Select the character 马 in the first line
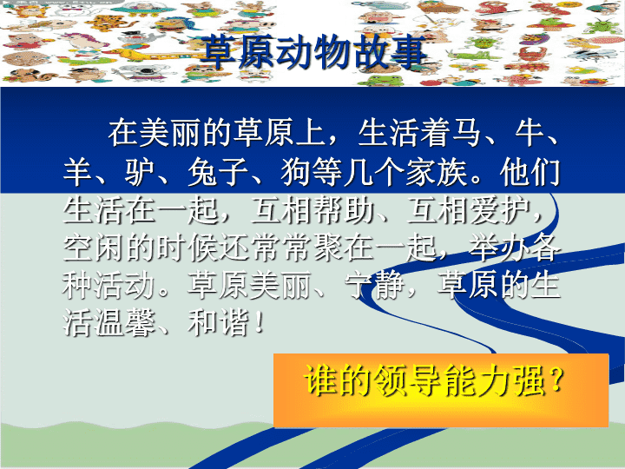click(x=466, y=133)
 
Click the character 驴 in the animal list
click(x=140, y=172)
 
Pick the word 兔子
click(x=218, y=172)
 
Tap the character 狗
click(x=296, y=172)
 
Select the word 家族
click(x=437, y=172)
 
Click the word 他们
click(x=530, y=172)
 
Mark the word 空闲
click(x=93, y=248)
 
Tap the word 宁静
click(x=375, y=286)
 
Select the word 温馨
click(x=124, y=322)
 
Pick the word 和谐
click(x=218, y=322)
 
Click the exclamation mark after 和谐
click(x=259, y=322)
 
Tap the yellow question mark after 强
click(x=556, y=380)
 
